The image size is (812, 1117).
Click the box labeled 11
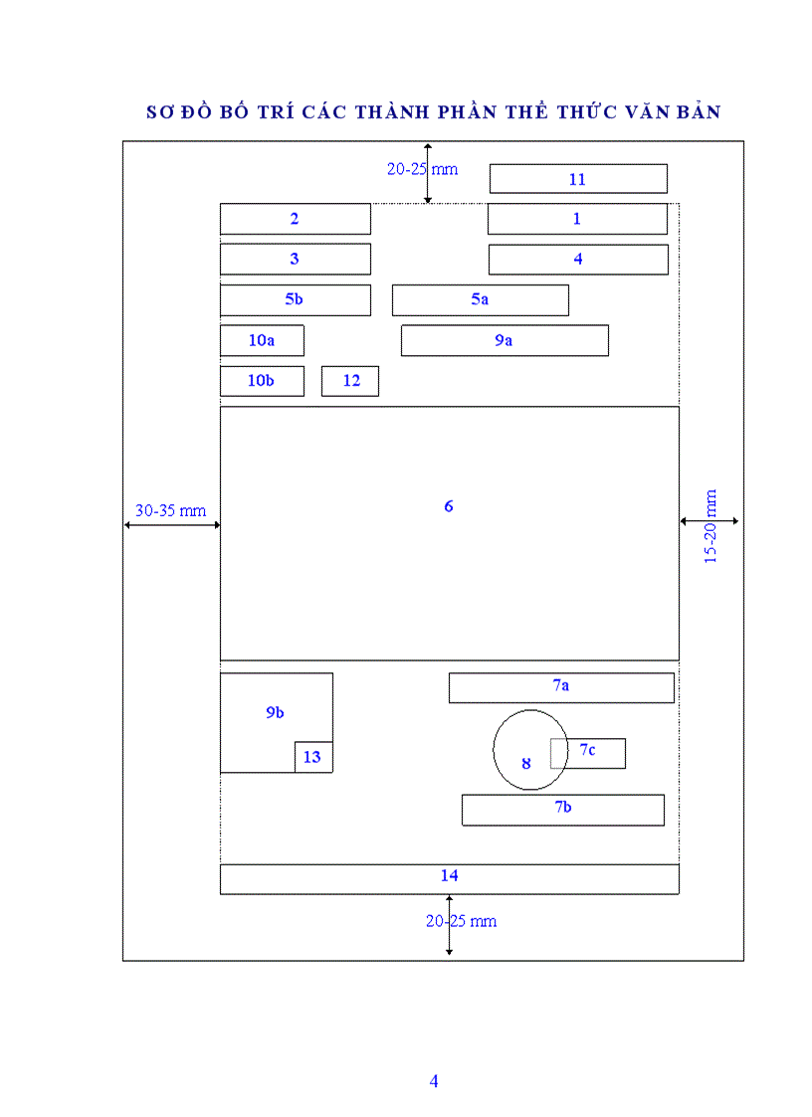point(577,179)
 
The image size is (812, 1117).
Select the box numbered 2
point(295,219)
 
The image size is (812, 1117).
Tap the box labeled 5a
point(480,299)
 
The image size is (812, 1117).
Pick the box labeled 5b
point(295,299)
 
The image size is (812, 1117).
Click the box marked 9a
point(505,340)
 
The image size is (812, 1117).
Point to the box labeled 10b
point(261,381)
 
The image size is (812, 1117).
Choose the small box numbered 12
point(350,381)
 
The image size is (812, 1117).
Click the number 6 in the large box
point(449,506)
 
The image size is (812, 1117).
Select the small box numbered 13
point(312,757)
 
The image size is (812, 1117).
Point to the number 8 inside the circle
point(526,764)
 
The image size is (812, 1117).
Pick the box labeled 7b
point(562,809)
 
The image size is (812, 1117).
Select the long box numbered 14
point(449,878)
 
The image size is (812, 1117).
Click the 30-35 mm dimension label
point(170,510)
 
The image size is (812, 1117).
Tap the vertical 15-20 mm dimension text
point(710,527)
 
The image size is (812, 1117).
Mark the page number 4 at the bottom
point(434,1081)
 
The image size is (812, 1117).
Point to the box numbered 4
point(577,260)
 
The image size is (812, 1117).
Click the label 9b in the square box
point(275,713)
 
